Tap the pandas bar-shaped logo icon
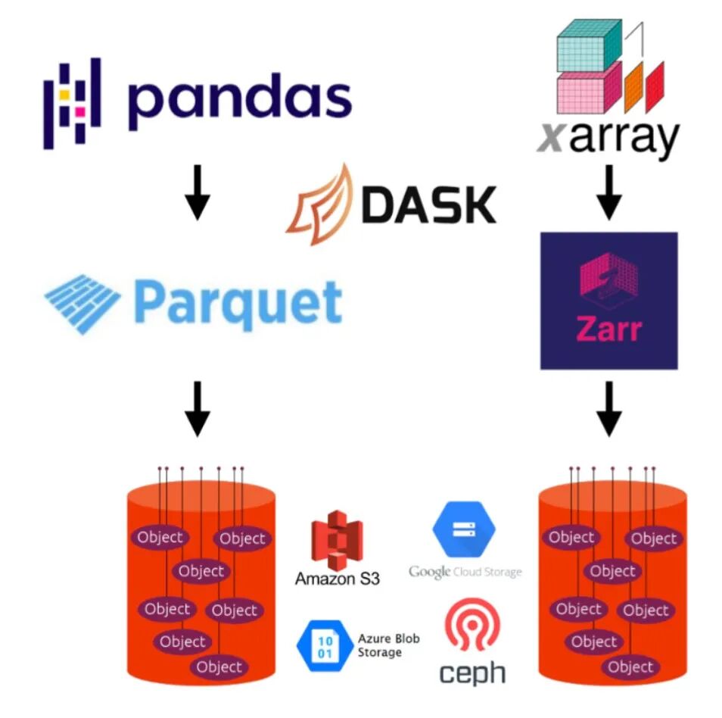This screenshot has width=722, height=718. coord(71,102)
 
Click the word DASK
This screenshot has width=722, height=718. coord(428,204)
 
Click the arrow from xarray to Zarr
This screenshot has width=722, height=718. coord(608,195)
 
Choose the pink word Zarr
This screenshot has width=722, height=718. coord(608,331)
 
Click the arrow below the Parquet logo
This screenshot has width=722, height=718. coord(198,407)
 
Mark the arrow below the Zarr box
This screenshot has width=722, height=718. coord(608,407)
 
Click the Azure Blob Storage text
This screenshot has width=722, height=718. coord(387,645)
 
